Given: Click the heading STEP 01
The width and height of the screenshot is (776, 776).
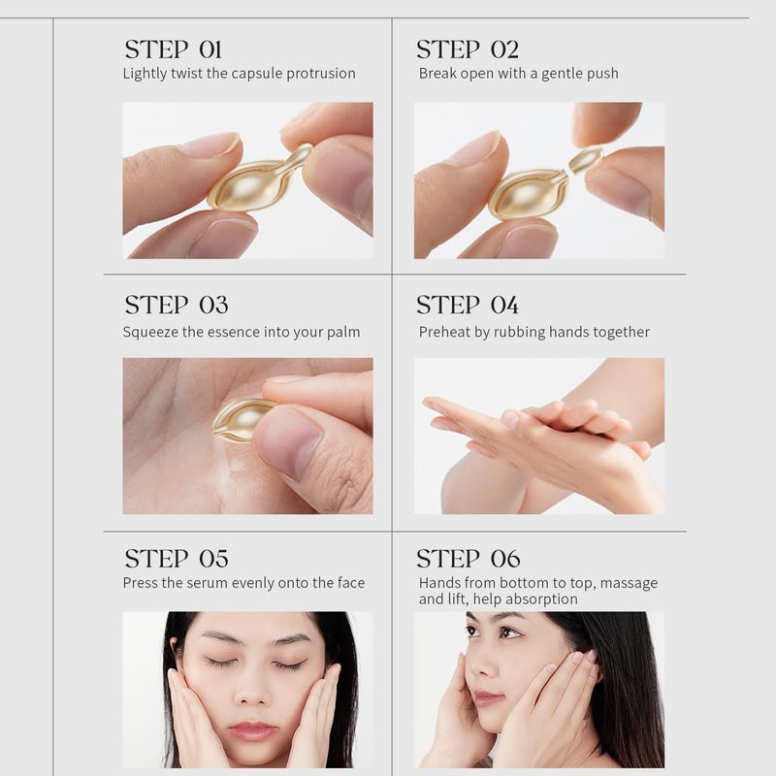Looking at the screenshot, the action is pos(174,49).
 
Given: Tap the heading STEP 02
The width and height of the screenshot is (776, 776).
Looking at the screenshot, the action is pos(468,49).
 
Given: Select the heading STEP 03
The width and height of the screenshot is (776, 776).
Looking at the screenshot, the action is pos(177,305).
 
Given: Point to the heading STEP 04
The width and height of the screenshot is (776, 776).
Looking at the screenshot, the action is pos(468,305).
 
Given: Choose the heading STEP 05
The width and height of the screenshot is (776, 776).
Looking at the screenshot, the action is pos(177,559).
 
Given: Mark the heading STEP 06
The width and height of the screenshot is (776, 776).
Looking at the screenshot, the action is pos(469,559).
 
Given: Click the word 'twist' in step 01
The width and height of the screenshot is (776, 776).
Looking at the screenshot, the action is pos(186,74).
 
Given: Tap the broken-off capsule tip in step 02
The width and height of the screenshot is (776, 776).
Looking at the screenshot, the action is pos(585,160).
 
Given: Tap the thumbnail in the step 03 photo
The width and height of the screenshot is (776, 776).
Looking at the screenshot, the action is pos(288,439).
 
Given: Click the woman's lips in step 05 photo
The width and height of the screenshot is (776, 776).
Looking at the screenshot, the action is pos(252,730).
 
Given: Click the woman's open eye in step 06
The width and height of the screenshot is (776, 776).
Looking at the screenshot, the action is pos(507,632).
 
